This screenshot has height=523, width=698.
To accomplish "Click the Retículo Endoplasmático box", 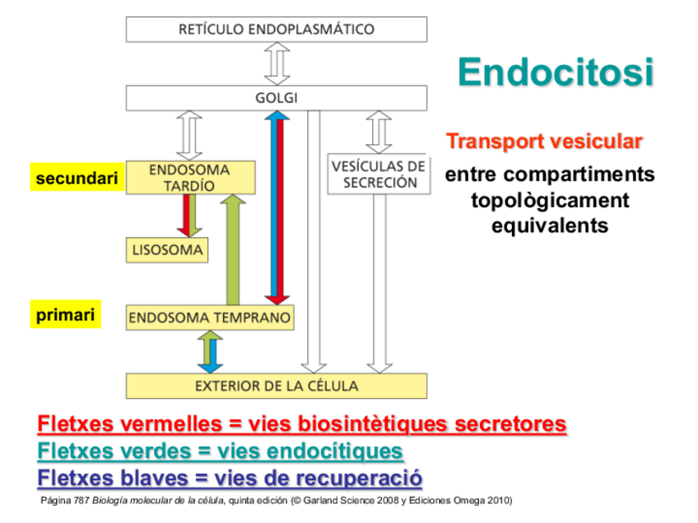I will pos(276,30).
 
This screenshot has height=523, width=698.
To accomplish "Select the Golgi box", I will pos(276,99).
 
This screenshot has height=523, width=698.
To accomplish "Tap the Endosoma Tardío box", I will pos(190,178).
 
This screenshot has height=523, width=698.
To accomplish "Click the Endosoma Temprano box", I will pos(210,317).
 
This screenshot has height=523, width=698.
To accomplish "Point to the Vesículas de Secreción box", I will pos(379,174).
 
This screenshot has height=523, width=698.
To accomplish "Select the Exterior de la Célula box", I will pos(276,386).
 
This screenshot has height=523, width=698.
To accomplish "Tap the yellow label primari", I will pos(65,315).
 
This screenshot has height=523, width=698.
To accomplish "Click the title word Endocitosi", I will pos(556,72).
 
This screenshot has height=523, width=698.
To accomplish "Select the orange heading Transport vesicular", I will pos(544,141).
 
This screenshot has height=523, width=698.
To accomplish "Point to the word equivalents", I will pos(550,225).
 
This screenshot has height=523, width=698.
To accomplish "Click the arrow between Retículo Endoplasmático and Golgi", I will pos(276,63).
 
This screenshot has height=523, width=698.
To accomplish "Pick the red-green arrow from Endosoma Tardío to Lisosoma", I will pos(190,215).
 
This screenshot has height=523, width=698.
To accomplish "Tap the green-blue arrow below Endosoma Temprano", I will pos(211,351).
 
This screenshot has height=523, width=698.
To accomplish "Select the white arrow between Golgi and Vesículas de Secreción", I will pos(379,131).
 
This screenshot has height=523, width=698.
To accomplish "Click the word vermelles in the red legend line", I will pos(170,424).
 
